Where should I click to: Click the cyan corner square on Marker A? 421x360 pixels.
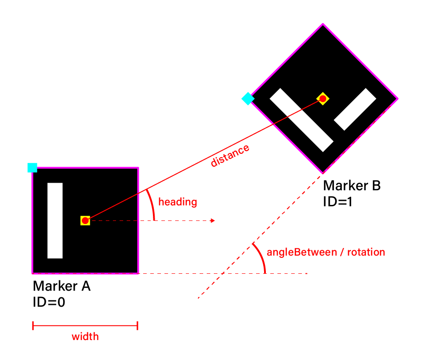point(32,168)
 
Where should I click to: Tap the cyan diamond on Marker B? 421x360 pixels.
point(248,99)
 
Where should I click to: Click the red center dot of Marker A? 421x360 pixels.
point(85,220)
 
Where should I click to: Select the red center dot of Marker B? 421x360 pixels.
point(323,99)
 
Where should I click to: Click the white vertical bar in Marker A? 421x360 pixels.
point(55,220)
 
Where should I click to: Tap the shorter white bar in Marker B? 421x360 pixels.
point(355,109)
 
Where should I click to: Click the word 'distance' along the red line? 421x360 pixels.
point(230,156)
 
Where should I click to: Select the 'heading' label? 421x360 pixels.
point(177,202)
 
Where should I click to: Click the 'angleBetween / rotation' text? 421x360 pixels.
point(325,252)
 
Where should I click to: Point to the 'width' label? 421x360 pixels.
point(85,336)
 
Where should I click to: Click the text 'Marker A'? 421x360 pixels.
point(62,286)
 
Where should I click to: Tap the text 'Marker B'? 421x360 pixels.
point(352,185)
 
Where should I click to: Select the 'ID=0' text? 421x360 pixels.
point(49,302)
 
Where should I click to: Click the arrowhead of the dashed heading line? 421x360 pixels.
point(213,220)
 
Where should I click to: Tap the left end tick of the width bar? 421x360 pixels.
point(33,326)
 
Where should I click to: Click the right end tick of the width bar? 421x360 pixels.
point(138,326)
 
